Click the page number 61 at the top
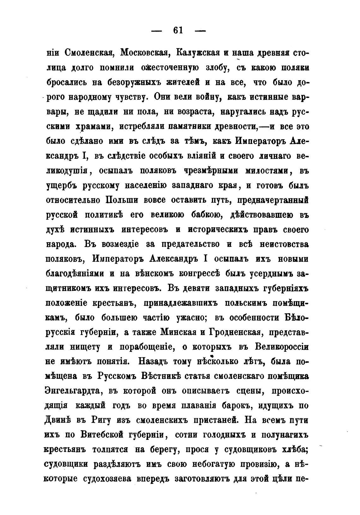[178, 31]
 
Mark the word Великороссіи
[281, 347]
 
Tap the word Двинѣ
[58, 421]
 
